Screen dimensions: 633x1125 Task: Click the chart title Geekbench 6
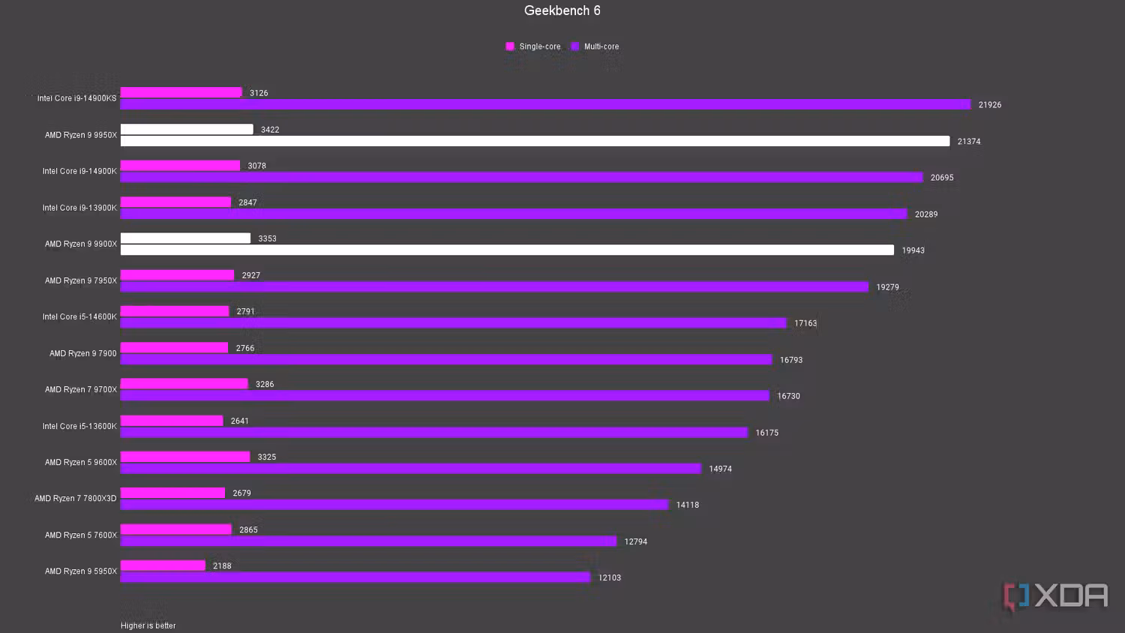point(562,10)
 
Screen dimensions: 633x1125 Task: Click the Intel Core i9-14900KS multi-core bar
point(545,105)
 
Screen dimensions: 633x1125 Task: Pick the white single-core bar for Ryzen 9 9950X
point(187,130)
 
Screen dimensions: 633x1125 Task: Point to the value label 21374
point(968,142)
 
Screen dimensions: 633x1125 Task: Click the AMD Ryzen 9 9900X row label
point(81,244)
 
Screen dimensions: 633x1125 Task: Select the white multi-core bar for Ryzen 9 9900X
point(507,250)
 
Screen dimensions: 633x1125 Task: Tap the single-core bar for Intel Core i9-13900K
point(175,202)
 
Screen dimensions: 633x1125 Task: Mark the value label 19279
point(887,287)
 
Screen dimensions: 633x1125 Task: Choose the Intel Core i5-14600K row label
point(79,317)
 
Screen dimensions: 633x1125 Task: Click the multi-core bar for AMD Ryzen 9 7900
point(446,360)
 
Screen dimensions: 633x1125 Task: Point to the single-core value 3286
point(265,385)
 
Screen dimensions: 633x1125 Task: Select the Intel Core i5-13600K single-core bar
point(172,421)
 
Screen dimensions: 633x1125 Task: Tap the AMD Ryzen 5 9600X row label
point(81,463)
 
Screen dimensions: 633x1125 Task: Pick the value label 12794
point(635,541)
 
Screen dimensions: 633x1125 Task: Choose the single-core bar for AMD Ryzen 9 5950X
point(163,565)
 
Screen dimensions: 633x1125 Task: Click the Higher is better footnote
point(148,625)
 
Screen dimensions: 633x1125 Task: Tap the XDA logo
point(1056,596)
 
